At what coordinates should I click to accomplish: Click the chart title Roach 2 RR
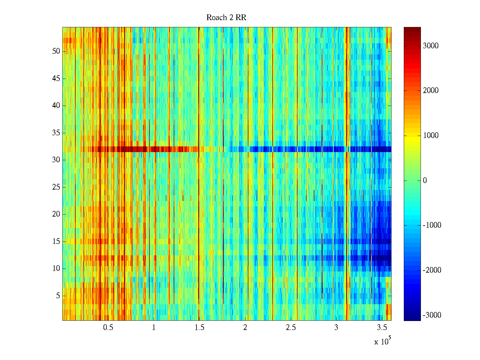click(x=226, y=18)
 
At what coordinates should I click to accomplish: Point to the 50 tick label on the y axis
click(x=56, y=51)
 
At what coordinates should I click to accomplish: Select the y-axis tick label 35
click(x=56, y=133)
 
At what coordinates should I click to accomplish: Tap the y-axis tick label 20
click(x=56, y=214)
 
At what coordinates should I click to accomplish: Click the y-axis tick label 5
click(x=58, y=296)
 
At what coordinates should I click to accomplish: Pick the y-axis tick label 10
click(x=56, y=268)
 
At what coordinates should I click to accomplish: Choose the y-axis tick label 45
click(x=56, y=79)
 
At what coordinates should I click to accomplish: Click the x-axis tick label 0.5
click(x=108, y=328)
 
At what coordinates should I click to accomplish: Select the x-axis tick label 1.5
click(x=199, y=328)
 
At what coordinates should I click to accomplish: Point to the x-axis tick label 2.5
click(x=291, y=328)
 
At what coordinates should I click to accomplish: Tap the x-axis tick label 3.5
click(x=382, y=328)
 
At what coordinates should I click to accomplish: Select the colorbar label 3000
click(x=430, y=46)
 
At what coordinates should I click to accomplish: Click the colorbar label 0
click(x=425, y=181)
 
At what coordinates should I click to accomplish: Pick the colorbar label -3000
click(x=432, y=315)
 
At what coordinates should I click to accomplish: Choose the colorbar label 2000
click(x=430, y=91)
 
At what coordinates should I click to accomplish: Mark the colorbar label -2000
click(x=432, y=270)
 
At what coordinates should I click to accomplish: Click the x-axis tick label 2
click(x=245, y=328)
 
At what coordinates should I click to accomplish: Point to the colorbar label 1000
click(x=430, y=136)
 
